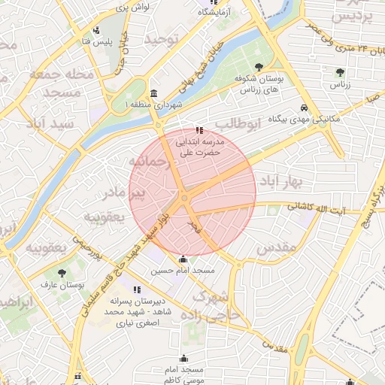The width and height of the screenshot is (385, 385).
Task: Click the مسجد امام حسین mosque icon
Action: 183,259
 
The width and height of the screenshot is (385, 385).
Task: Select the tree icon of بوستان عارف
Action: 61,273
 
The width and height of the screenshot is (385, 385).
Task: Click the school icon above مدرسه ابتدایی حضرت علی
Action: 199,130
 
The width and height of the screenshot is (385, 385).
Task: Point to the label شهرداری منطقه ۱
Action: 132,105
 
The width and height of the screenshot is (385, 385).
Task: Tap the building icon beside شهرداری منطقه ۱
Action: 153,93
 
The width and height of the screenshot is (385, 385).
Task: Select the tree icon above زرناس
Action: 341,72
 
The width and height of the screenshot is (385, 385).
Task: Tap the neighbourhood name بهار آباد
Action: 280,181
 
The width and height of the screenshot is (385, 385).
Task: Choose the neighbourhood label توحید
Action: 161,38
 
